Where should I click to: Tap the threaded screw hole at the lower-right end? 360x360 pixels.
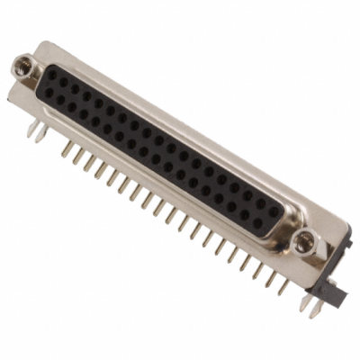click(x=306, y=240)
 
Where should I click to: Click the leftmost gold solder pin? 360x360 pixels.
click(x=66, y=148)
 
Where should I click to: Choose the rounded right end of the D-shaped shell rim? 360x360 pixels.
click(x=286, y=216)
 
